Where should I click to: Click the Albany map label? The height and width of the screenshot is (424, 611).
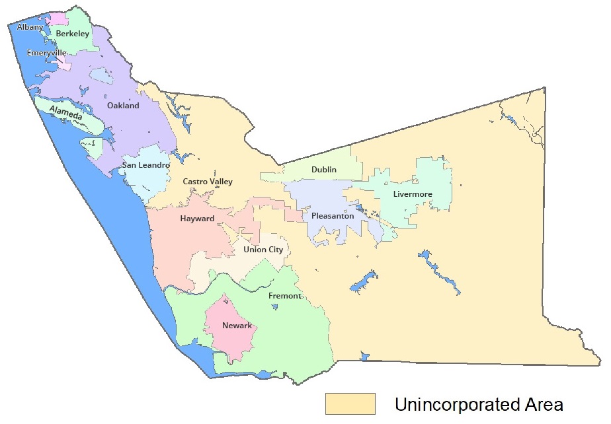30,27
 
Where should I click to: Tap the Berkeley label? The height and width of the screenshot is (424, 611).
72,33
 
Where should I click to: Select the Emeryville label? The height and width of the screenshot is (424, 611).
46,52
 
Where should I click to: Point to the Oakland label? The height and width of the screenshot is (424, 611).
123,106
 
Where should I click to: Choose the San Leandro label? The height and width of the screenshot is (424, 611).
145,164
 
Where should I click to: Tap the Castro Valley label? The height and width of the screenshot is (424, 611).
207,182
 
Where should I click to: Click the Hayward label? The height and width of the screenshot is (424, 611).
197,219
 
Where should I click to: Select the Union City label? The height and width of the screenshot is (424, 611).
263,250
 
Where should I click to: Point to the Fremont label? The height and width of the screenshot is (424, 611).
284,296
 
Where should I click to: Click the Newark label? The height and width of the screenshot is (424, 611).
237,326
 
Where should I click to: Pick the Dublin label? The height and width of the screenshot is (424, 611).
323,170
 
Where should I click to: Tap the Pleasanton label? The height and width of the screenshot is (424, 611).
332,216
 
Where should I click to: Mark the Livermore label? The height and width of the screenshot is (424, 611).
412,194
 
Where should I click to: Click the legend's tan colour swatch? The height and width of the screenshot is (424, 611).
350,404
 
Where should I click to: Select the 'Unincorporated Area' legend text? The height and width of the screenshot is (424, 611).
478,404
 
